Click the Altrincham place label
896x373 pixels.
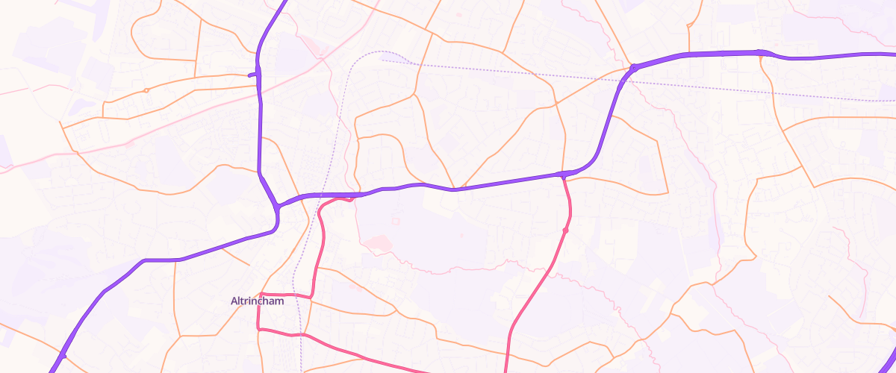coord(257,301)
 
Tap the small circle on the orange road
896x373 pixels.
coord(146,90)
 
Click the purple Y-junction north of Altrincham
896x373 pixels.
coord(276,205)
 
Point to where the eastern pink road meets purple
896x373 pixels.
coord(562,175)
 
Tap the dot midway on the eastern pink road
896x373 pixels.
coord(565,231)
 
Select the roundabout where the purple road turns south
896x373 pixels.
coord(633,68)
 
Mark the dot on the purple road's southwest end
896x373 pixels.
coord(64,356)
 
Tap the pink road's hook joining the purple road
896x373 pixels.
coord(350,198)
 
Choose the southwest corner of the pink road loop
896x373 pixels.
coord(259,328)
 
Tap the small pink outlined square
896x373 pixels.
coord(321,51)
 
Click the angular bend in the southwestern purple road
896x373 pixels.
coord(144,260)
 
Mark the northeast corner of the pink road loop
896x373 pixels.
coord(311,297)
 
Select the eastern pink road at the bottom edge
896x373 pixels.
coord(507,367)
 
